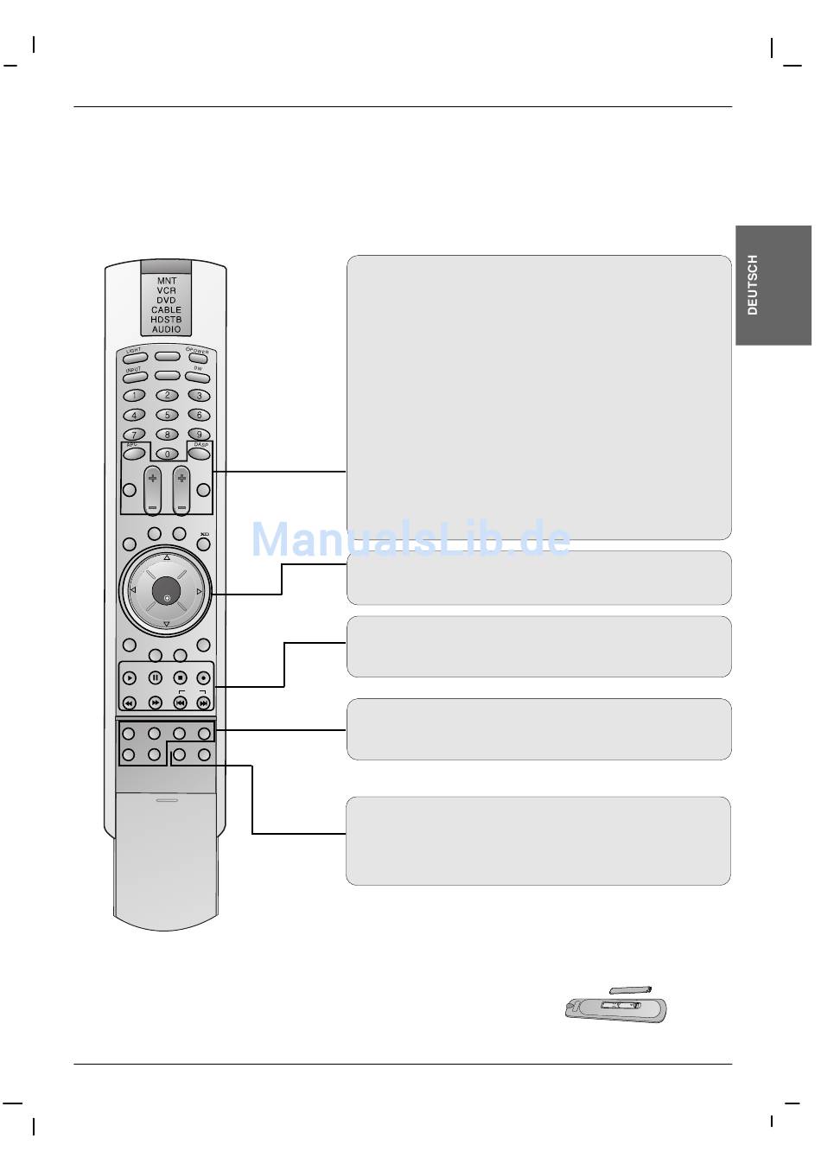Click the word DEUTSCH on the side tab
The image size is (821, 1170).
pyautogui.click(x=753, y=284)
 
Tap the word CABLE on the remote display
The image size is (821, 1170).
pyautogui.click(x=167, y=309)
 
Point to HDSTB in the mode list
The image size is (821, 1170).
pyautogui.click(x=167, y=319)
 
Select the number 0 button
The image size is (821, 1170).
pyautogui.click(x=167, y=454)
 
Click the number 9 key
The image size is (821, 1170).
pyautogui.click(x=200, y=434)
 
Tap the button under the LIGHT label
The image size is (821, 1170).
pyautogui.click(x=134, y=357)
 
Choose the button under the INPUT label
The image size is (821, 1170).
pyautogui.click(x=134, y=377)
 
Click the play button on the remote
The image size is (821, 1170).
pyautogui.click(x=130, y=678)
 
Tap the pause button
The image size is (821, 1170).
pyautogui.click(x=155, y=678)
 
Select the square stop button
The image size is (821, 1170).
pyautogui.click(x=180, y=678)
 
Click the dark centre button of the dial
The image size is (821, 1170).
pyautogui.click(x=166, y=591)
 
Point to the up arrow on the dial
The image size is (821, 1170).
pyautogui.click(x=166, y=557)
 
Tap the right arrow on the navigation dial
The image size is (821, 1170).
pyautogui.click(x=200, y=591)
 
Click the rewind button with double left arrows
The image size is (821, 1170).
pyautogui.click(x=130, y=703)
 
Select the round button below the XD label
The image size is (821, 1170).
pyautogui.click(x=204, y=544)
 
